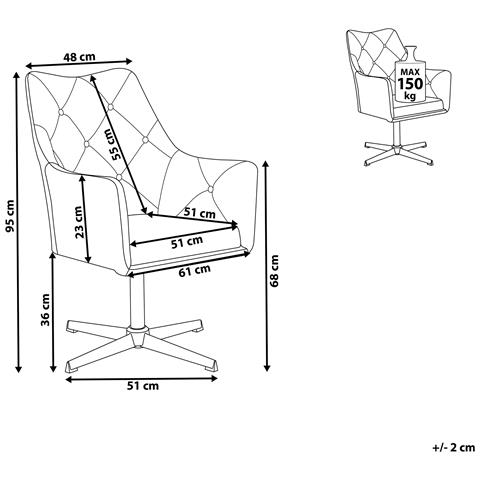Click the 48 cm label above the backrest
[79, 57]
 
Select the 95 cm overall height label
[10, 216]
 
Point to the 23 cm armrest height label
[79, 222]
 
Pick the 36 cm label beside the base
[45, 310]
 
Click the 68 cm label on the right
[275, 271]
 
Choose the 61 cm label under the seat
[194, 270]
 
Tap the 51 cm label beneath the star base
[143, 386]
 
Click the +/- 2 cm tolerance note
[454, 447]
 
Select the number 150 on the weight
[410, 83]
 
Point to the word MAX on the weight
[410, 72]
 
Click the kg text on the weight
[410, 96]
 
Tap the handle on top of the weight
[411, 53]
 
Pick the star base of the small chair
[396, 154]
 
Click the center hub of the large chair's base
[137, 337]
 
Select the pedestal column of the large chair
[137, 302]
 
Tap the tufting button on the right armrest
[210, 189]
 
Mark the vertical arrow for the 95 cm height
[18, 222]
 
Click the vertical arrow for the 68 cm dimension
[266, 266]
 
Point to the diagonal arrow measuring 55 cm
[118, 144]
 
